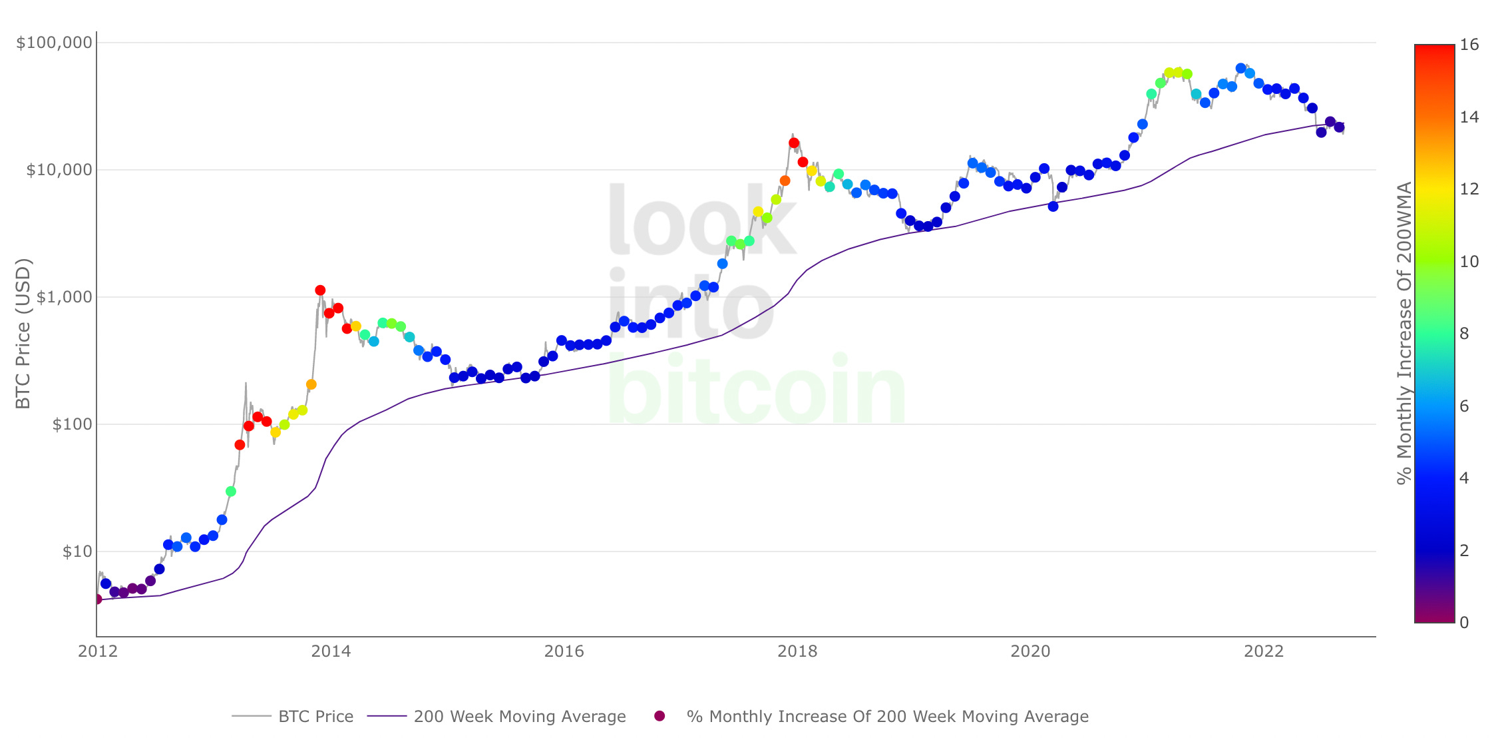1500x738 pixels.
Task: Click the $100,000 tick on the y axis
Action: pos(54,43)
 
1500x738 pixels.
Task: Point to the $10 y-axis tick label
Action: pos(77,552)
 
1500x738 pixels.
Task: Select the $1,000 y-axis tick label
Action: pos(64,297)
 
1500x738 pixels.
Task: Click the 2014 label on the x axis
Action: pos(331,651)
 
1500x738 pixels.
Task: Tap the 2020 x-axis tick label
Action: pos(1030,651)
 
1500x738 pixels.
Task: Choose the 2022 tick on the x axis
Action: pos(1263,651)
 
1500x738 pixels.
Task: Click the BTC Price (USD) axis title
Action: pos(23,333)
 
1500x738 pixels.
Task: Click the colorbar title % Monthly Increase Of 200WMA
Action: pos(1404,333)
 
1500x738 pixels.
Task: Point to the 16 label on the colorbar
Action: pos(1469,45)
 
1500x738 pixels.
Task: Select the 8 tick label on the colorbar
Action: pos(1464,334)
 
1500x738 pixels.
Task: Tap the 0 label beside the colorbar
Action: pos(1464,623)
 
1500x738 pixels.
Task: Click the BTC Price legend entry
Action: pos(315,717)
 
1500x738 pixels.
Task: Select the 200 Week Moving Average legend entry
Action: pos(519,717)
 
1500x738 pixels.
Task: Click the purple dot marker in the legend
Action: pos(659,716)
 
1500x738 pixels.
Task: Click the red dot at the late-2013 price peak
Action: pos(320,290)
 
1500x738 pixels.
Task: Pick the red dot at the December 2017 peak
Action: pos(794,143)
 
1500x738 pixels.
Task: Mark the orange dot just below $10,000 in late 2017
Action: pos(785,181)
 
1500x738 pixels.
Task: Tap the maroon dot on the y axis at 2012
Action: pos(97,599)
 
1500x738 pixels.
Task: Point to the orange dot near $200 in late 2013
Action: pos(311,384)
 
